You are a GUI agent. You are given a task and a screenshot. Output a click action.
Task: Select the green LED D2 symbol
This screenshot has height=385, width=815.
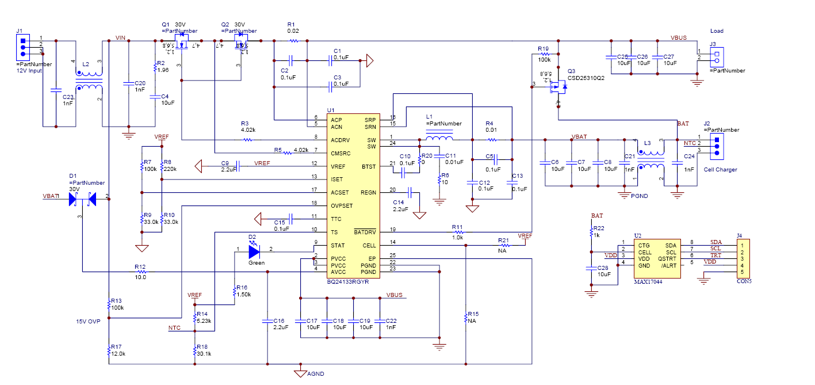(x=254, y=251)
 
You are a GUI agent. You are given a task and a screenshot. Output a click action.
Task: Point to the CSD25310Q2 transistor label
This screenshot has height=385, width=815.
(x=586, y=78)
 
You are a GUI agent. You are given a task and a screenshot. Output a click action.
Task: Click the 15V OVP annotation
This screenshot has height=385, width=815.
(x=89, y=322)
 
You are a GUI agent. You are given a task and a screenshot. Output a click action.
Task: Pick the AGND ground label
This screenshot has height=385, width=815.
(x=316, y=373)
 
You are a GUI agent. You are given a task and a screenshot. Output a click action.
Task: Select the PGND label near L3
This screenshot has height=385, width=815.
(x=639, y=196)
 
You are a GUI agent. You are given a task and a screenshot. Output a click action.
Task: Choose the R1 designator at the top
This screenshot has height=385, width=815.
(x=291, y=24)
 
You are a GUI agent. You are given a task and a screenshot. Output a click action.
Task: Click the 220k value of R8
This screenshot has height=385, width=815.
(x=171, y=169)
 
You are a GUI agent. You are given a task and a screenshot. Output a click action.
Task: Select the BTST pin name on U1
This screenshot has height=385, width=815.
(x=369, y=167)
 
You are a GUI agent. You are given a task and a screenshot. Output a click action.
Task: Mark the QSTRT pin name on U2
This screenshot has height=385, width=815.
(x=667, y=258)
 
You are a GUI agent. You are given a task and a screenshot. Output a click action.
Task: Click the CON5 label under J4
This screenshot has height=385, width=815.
(x=744, y=281)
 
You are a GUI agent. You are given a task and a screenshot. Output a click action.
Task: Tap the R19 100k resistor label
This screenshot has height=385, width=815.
(x=544, y=54)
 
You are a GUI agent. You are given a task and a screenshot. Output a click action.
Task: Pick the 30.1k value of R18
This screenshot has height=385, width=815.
(x=204, y=354)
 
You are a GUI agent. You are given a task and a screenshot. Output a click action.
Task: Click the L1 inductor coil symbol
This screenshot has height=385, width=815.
(x=439, y=138)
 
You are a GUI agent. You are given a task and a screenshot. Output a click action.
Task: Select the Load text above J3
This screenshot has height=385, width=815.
(x=717, y=31)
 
